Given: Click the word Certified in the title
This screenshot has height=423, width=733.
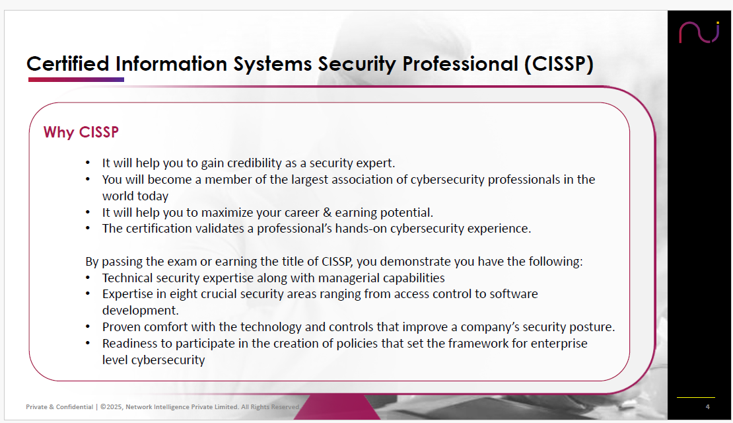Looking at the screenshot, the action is (68, 63).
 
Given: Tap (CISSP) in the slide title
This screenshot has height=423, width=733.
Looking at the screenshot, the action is (559, 64).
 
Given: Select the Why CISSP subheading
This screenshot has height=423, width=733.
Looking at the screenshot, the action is (81, 132).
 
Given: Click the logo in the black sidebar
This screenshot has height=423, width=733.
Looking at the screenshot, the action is (699, 32).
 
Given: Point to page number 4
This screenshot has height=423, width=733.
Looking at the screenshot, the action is (707, 406).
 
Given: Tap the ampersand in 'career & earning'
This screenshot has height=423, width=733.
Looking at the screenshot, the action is (327, 212).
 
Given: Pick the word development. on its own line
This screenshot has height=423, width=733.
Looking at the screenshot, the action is (140, 310).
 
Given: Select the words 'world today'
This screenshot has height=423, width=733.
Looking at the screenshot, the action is (135, 196).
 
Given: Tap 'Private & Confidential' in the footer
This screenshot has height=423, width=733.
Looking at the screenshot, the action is (59, 407).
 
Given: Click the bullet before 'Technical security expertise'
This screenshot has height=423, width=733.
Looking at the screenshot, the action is (88, 278).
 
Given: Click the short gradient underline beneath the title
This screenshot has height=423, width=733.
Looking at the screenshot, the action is (76, 79).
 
